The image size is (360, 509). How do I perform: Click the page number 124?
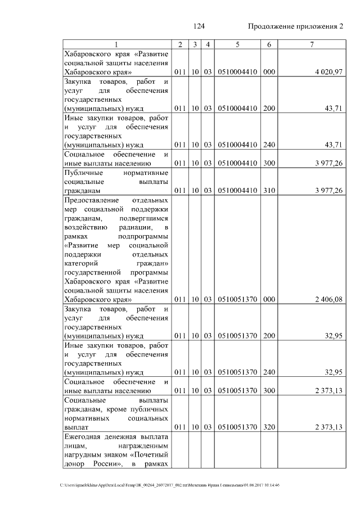coord(199,26)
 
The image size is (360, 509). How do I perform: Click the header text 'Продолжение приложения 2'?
coord(295,26)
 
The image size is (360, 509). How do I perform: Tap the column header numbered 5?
coord(237,44)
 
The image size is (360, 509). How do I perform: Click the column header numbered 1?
coord(116,44)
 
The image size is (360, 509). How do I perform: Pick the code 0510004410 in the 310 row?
coord(237,191)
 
